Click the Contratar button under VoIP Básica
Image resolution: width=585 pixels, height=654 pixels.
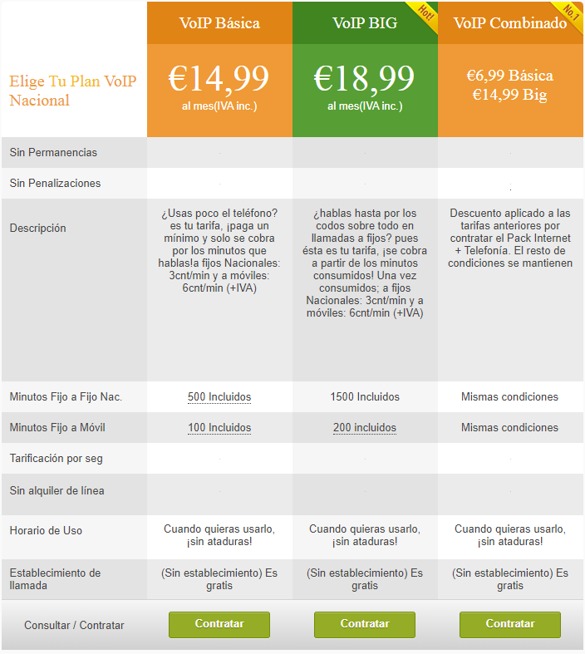click(x=219, y=624)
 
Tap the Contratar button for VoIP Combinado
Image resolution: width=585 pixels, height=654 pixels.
click(x=510, y=624)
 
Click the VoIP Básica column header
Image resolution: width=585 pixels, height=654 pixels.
click(x=219, y=22)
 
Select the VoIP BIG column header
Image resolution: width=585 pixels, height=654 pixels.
click(x=364, y=22)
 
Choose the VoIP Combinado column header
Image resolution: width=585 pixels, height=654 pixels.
click(x=509, y=22)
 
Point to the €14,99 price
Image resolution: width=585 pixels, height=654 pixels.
click(x=219, y=79)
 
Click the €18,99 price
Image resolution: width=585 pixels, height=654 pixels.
click(x=364, y=79)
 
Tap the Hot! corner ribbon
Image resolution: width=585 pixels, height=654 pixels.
click(x=425, y=14)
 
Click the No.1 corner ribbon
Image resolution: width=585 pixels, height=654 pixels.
click(x=570, y=14)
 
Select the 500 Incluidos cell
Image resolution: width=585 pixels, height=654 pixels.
click(x=219, y=397)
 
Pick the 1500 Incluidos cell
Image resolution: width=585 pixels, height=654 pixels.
click(x=365, y=397)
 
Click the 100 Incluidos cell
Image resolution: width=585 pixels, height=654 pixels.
click(x=219, y=428)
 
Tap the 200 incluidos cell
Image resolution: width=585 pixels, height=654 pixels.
click(x=365, y=428)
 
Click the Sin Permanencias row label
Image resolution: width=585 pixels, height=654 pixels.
click(x=53, y=153)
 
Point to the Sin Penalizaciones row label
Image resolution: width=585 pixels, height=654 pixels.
click(x=55, y=184)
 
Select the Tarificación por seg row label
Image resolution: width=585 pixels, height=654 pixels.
click(x=57, y=459)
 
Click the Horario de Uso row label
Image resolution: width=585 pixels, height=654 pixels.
click(x=46, y=530)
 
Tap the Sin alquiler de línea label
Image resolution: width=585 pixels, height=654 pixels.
click(x=57, y=491)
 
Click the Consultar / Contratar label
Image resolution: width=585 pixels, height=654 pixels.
click(x=74, y=625)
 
